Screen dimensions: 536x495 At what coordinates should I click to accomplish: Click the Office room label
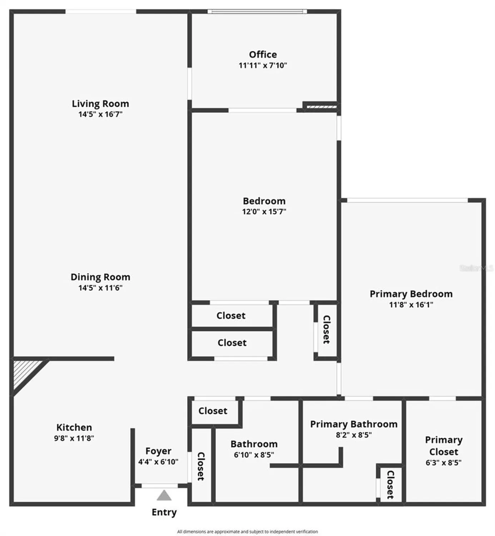(263, 55)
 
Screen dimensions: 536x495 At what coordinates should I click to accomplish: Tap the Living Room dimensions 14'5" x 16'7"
(100, 114)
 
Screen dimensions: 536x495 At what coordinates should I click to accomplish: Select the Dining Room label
(100, 277)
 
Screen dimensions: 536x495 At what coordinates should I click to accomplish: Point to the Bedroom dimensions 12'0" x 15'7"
(264, 212)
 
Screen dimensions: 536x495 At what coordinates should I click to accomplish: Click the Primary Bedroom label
(411, 294)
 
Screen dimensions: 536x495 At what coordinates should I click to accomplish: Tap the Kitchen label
(74, 427)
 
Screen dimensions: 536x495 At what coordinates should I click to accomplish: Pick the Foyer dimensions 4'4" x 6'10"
(158, 462)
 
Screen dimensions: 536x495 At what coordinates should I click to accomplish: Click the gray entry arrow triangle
(164, 496)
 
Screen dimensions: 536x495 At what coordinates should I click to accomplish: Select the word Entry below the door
(164, 512)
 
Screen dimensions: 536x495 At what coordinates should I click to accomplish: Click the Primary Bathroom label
(354, 424)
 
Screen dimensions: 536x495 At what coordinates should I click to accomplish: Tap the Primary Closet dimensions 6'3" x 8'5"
(444, 463)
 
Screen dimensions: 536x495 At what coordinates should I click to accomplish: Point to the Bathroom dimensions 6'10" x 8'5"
(254, 455)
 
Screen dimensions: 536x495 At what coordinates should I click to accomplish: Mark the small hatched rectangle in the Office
(321, 106)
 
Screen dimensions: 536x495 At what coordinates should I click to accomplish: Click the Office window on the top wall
(257, 11)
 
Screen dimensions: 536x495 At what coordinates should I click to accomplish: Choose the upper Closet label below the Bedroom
(231, 316)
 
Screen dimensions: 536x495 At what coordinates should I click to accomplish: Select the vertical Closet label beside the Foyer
(201, 466)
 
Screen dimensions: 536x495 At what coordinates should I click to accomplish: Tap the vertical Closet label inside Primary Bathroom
(390, 485)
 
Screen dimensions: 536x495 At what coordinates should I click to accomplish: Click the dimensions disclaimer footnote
(247, 532)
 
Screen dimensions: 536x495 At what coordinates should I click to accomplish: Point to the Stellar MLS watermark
(476, 268)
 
